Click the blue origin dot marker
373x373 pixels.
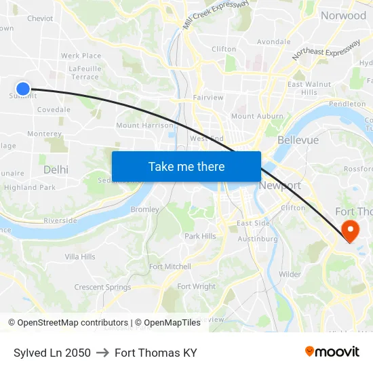point(23,88)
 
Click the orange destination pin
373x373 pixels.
point(351,231)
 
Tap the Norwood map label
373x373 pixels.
point(343,16)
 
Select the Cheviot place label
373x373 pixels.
point(40,18)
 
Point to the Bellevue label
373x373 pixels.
point(298,140)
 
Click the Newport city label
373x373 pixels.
point(280,185)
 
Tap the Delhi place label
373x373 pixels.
point(56,170)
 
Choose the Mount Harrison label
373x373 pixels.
point(145,125)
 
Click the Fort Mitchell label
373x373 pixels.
point(170,267)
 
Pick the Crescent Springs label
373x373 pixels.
point(103,287)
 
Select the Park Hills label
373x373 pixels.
point(200,236)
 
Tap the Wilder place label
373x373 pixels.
point(290,274)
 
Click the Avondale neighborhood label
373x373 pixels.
point(273,41)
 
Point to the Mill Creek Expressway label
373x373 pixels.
point(216,14)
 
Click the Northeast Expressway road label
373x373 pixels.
point(326,51)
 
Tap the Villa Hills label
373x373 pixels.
point(80,256)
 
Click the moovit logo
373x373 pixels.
point(332,352)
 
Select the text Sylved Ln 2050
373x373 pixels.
point(52,353)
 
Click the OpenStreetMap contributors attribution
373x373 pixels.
point(73,323)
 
